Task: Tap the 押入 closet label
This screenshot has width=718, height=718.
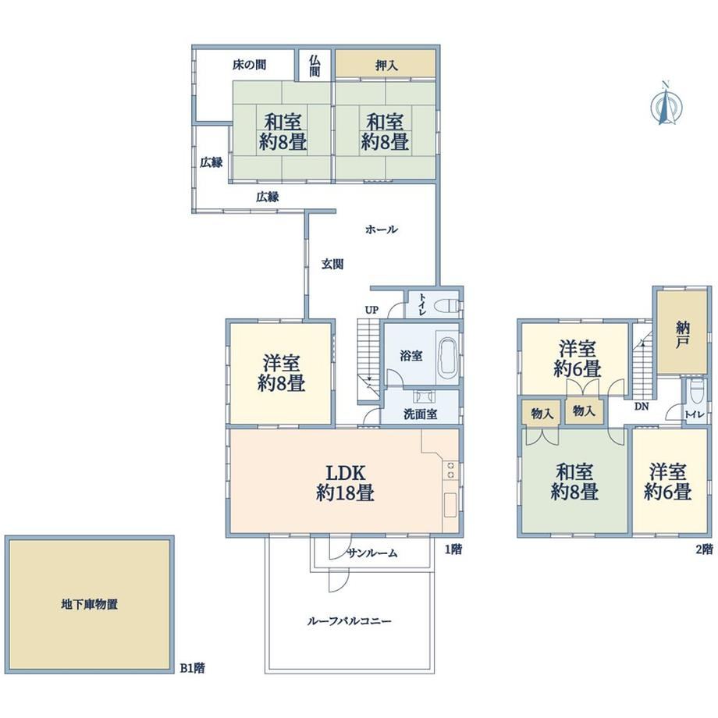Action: (386, 66)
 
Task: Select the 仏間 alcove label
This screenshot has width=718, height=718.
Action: (315, 66)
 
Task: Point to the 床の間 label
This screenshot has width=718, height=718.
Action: (249, 65)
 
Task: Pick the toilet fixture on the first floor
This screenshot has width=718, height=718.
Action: (450, 305)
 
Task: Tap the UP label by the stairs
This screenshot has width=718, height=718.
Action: (371, 310)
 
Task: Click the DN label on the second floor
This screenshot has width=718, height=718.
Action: (642, 406)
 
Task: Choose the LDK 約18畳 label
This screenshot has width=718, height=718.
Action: (345, 482)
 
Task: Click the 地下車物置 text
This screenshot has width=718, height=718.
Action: (89, 604)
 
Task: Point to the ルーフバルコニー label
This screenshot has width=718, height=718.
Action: (349, 621)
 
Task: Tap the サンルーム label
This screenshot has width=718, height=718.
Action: (371, 553)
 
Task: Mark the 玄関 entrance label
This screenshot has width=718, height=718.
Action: (332, 265)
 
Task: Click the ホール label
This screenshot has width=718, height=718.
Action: (382, 229)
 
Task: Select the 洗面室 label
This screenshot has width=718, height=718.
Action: (420, 414)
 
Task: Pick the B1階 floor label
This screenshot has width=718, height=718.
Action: (192, 668)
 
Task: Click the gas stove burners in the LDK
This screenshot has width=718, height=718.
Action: (450, 471)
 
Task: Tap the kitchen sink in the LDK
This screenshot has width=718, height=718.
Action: (450, 506)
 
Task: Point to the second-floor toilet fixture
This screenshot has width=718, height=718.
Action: (696, 390)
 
